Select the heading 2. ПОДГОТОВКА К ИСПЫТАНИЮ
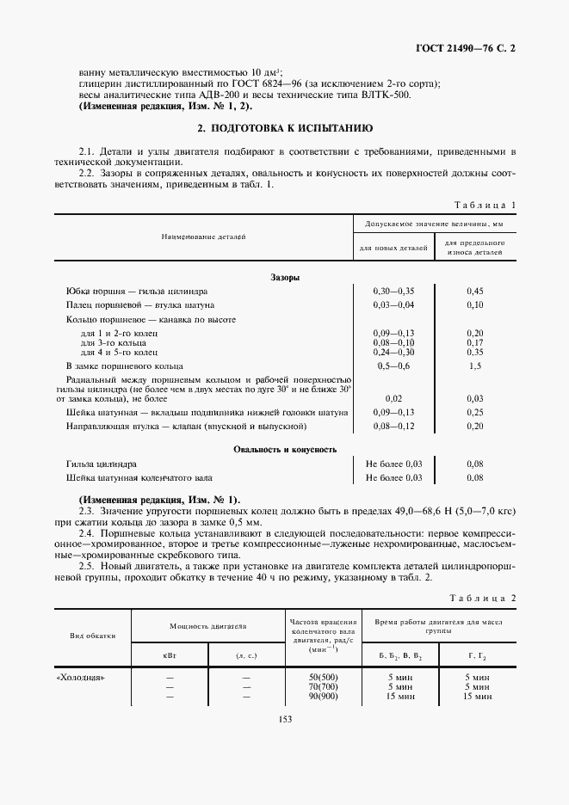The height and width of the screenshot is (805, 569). [284, 128]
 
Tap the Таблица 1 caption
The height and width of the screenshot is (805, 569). [485, 205]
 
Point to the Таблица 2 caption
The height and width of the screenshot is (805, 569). [485, 598]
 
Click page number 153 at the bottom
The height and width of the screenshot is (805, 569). [284, 720]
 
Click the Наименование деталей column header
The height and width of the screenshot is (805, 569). [204, 235]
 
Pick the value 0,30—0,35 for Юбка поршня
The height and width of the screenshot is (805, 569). [393, 291]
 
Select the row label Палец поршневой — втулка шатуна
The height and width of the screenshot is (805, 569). [140, 304]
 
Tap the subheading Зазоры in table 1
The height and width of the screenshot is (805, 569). [284, 277]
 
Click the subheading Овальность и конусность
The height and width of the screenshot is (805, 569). [284, 449]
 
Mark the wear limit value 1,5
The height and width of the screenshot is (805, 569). [474, 366]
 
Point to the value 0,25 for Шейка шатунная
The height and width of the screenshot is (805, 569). [474, 412]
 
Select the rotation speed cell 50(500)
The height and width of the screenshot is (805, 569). [325, 677]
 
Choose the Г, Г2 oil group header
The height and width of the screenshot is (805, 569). [478, 655]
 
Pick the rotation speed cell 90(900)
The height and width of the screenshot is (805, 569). [325, 696]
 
